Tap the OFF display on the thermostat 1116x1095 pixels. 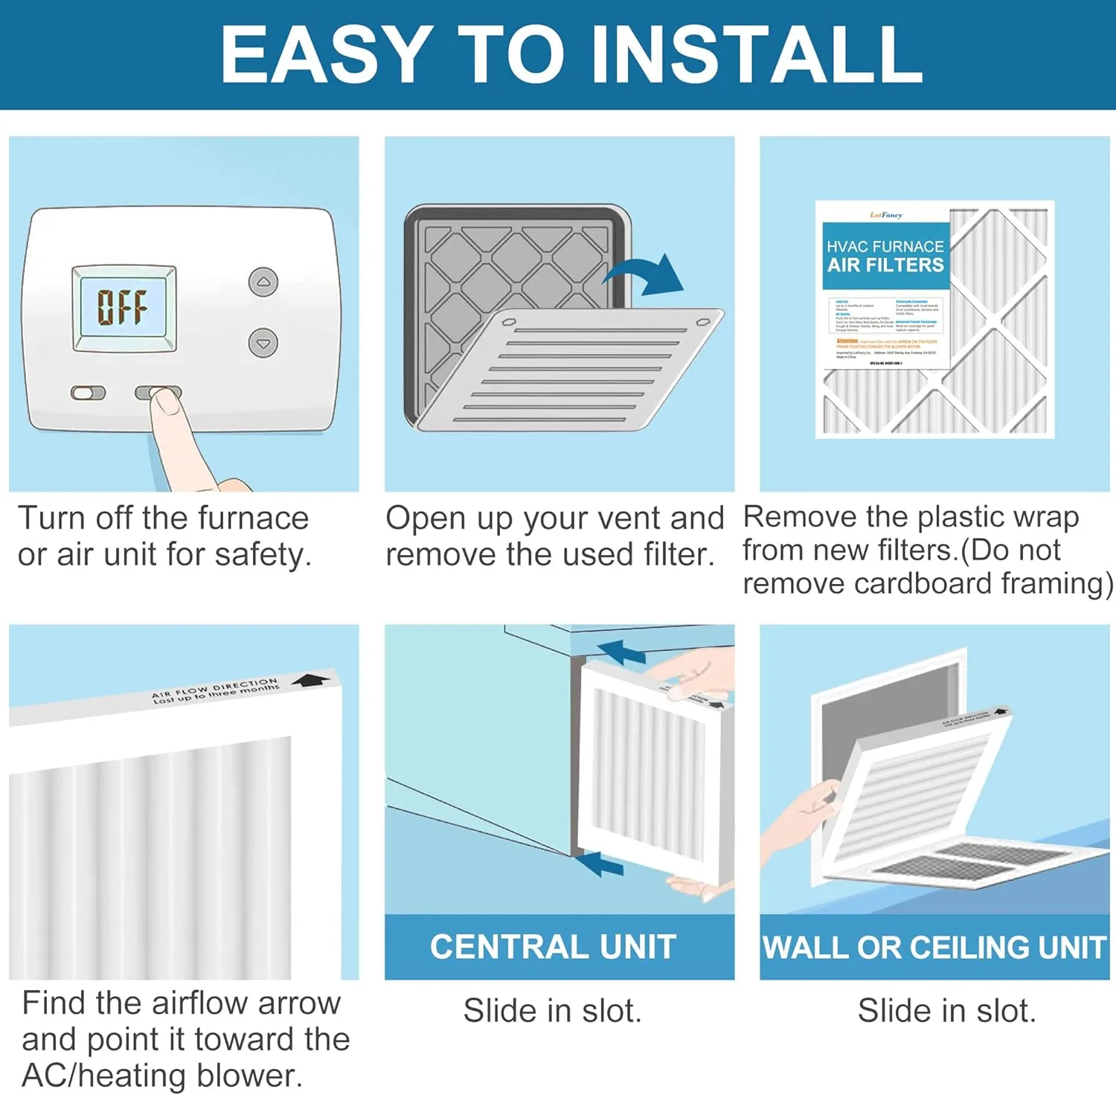(123, 307)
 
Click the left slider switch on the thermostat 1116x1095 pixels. (88, 393)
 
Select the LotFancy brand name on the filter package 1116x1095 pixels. (885, 215)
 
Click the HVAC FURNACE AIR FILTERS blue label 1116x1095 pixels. (885, 256)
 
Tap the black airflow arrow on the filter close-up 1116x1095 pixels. (310, 680)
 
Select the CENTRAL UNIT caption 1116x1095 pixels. (553, 947)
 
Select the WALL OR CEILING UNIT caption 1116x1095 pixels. (934, 947)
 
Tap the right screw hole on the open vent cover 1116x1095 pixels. (703, 323)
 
